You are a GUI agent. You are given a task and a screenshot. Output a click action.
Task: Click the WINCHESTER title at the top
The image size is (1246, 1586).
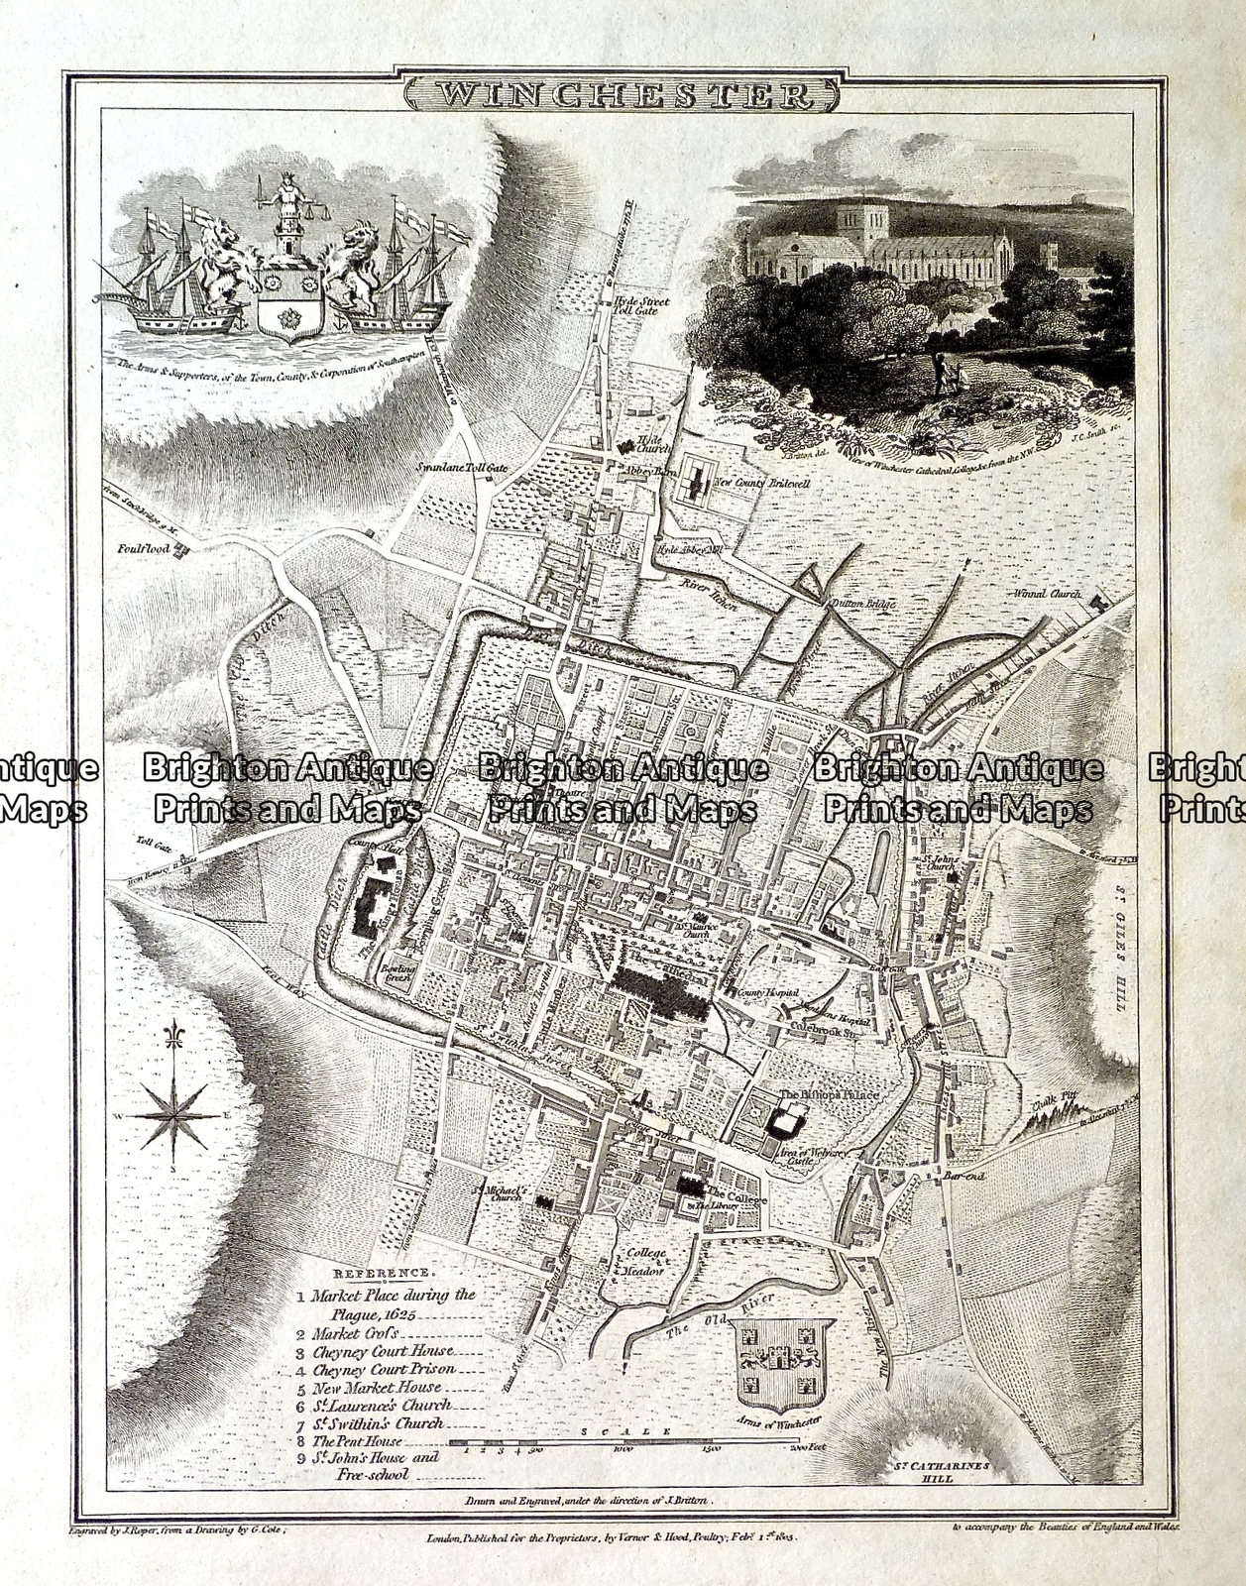(x=623, y=94)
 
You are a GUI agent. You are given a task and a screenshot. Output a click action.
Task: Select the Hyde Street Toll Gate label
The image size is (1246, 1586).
(x=640, y=305)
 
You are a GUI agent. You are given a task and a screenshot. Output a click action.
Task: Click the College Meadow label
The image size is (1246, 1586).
(x=644, y=1259)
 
